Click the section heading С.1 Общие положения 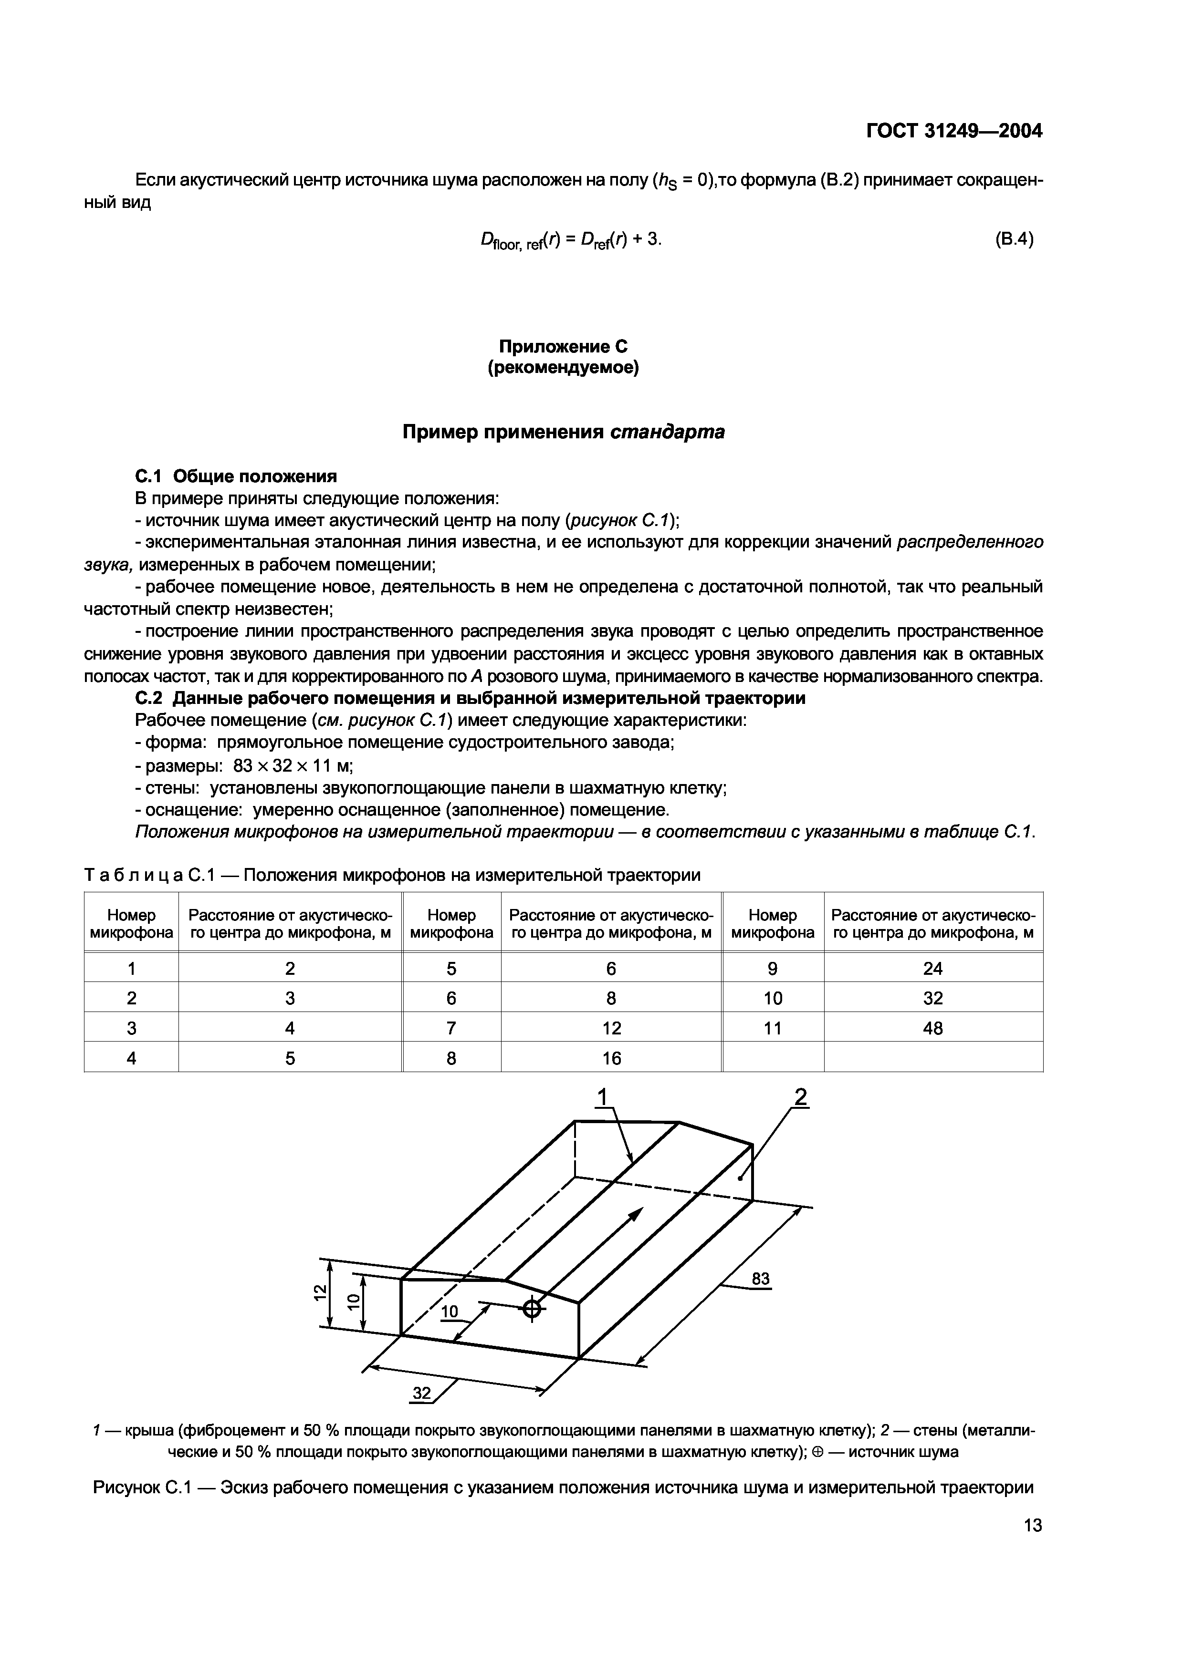coord(236,476)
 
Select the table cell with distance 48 coord(932,1028)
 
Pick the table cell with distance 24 coord(932,969)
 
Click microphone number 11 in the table coord(772,1028)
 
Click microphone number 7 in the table coord(451,1028)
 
